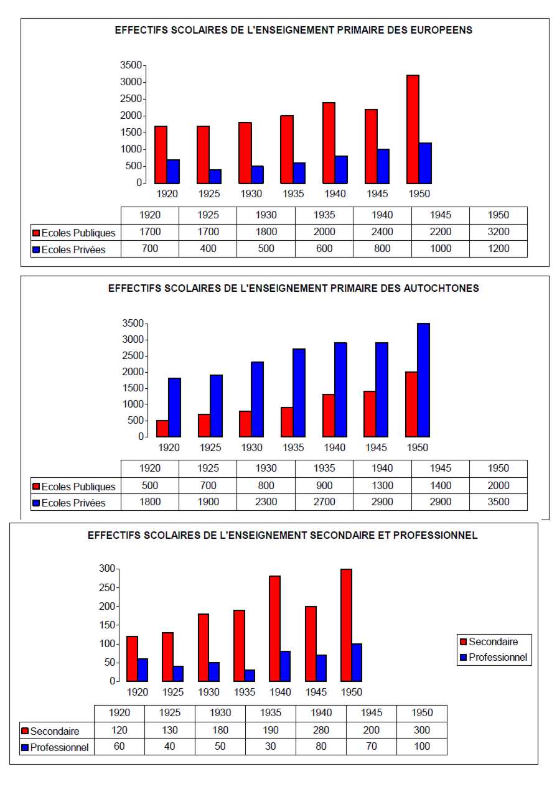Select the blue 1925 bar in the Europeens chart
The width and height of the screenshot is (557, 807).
pos(215,176)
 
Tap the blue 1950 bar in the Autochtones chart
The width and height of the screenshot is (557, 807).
pos(423,380)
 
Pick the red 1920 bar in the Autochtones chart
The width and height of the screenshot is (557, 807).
pos(162,428)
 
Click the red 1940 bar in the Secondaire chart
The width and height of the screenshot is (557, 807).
pos(274,628)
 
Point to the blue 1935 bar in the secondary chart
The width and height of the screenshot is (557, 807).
pos(250,675)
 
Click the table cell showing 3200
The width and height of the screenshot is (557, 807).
pos(498,232)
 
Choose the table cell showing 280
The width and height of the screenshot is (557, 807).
pos(321,730)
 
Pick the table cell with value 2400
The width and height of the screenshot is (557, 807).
pos(382,232)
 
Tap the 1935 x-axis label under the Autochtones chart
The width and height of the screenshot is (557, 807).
pos(293,447)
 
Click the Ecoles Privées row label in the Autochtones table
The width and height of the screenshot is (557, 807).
pos(73,503)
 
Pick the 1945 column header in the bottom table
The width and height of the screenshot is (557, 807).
pos(372,713)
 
